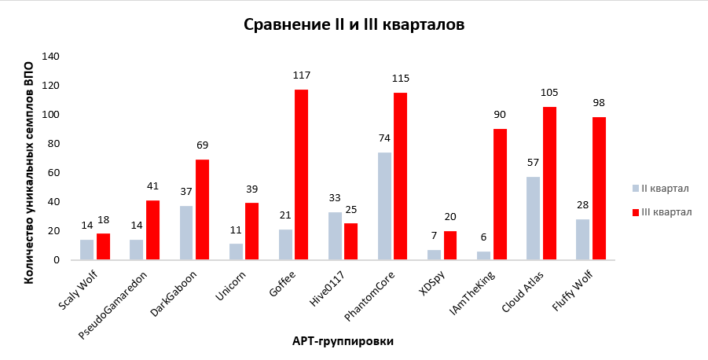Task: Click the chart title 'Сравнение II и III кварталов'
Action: [x=354, y=25]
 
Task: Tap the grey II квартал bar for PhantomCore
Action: [x=384, y=206]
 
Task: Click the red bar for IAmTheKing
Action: [x=500, y=194]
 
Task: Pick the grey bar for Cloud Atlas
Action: [x=533, y=218]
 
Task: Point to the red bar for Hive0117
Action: [x=350, y=241]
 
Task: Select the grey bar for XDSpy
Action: [x=434, y=255]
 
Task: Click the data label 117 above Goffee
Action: [x=301, y=75]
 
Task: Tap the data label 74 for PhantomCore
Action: [x=384, y=138]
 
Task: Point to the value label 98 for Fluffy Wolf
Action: [x=599, y=103]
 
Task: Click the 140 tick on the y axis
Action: [x=50, y=57]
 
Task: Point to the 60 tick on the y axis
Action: [x=53, y=173]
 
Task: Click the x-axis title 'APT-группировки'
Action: [x=343, y=341]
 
